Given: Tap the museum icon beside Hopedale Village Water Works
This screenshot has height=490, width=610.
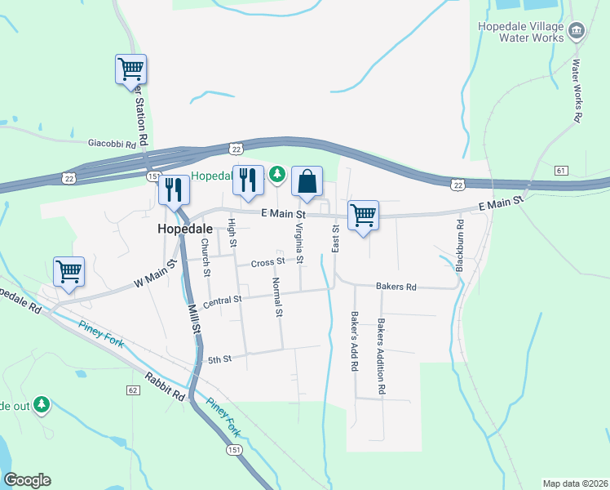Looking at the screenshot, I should [577, 31].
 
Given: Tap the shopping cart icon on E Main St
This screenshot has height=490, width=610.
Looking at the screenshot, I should [363, 216].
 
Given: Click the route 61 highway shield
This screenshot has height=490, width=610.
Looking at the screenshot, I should [560, 170].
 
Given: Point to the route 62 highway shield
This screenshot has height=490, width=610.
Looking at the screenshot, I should [132, 390].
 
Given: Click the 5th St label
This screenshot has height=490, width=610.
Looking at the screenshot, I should [220, 359].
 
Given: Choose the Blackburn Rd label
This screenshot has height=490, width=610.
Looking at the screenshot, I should [460, 245].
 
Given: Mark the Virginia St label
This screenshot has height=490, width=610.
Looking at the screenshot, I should [299, 243].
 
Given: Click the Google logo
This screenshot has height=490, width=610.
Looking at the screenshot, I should [27, 480].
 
